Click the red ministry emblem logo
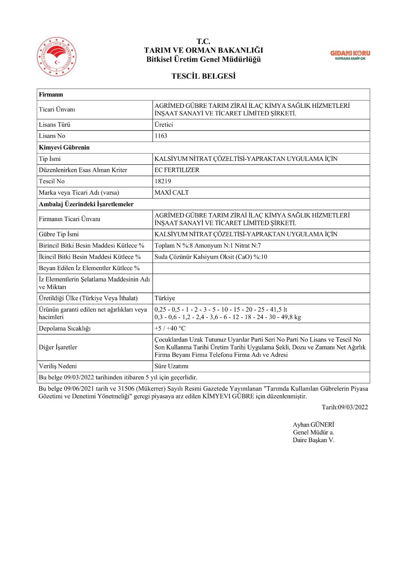click(x=57, y=57)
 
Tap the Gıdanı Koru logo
click(x=350, y=55)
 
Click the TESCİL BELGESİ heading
click(x=203, y=76)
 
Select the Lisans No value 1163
click(x=161, y=136)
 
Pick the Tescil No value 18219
click(x=163, y=181)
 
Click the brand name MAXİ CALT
click(x=171, y=193)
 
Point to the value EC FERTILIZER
click(x=177, y=170)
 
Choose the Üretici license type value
click(x=164, y=125)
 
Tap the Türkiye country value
click(x=165, y=298)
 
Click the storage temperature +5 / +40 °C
click(x=170, y=329)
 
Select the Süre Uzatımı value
click(x=171, y=366)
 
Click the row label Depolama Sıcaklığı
click(x=65, y=329)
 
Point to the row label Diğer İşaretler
click(x=58, y=347)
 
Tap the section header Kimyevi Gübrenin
click(x=64, y=147)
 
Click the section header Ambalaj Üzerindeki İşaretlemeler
click(x=86, y=204)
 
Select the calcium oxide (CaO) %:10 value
click(x=211, y=257)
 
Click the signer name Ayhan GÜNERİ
click(x=313, y=425)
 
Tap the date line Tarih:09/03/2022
click(x=345, y=407)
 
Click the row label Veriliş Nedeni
click(x=58, y=366)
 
